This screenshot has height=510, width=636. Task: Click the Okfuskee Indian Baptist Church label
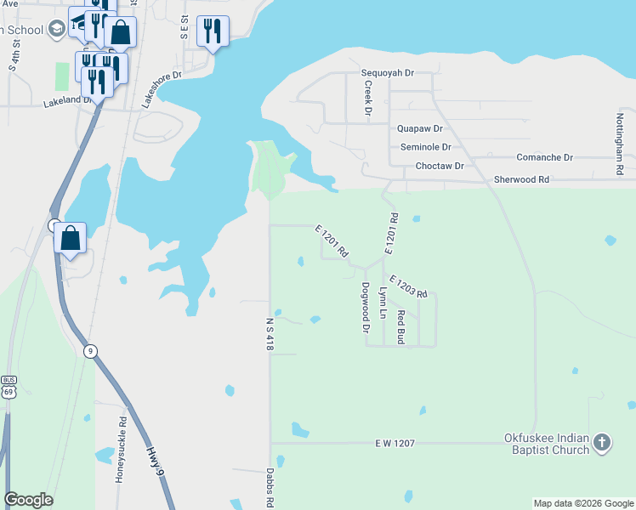point(546,444)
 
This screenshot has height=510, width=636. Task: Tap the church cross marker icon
point(601,442)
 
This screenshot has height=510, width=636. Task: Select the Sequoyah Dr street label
point(387,73)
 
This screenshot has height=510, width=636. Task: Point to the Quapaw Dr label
point(420,129)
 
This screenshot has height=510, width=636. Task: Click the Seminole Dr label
point(425,147)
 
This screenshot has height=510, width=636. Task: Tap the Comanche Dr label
point(544,158)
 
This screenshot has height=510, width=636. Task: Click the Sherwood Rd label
point(521,180)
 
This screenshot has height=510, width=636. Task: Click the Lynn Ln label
point(383,303)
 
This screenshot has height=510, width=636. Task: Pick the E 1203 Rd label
point(407,286)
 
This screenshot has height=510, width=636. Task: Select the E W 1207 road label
point(394,444)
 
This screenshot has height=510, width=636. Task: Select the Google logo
point(28,500)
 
